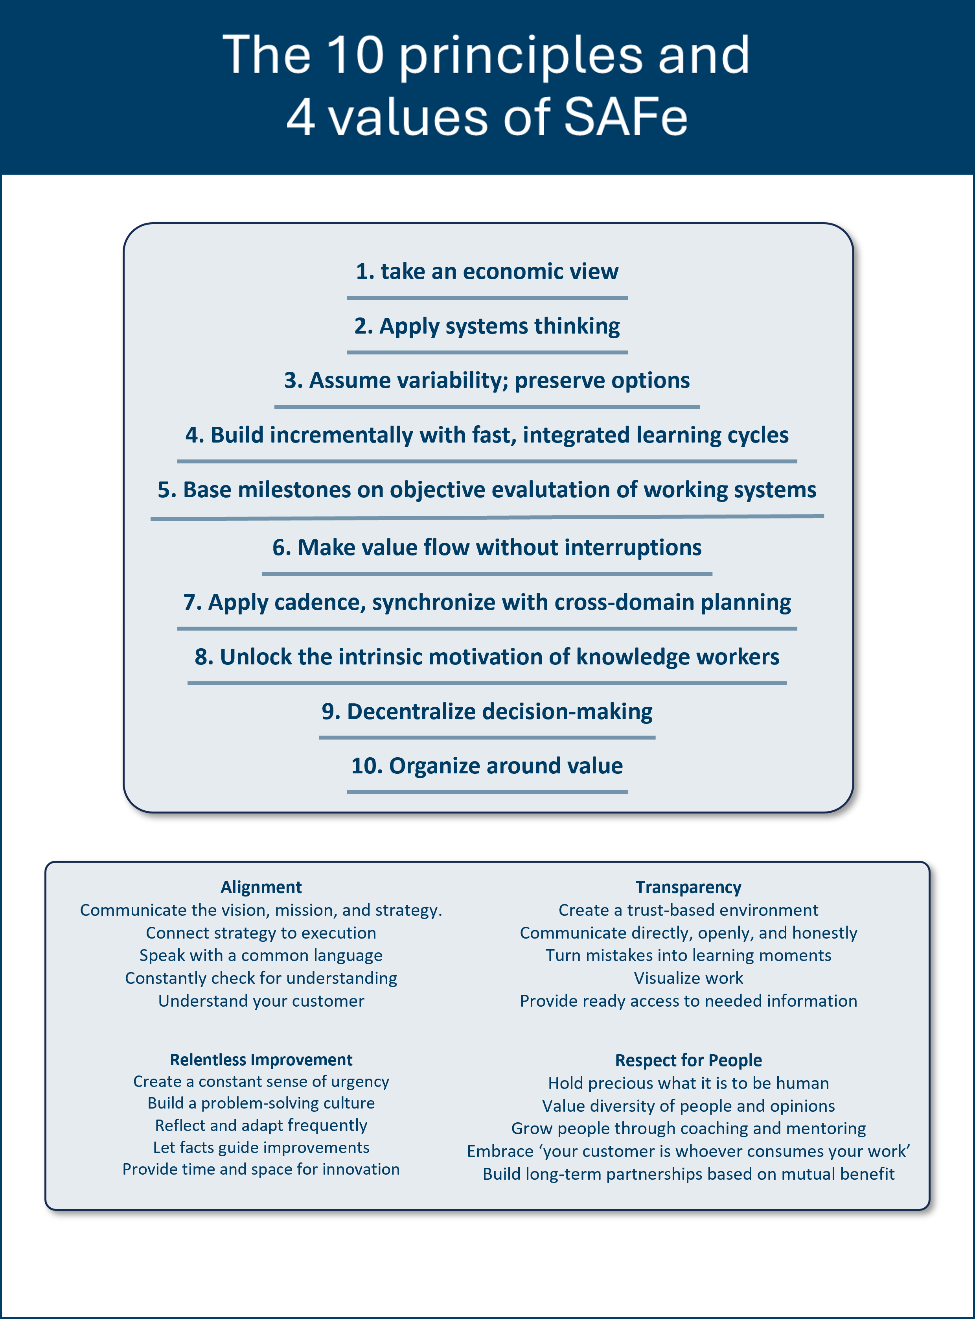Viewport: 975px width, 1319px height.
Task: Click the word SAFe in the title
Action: pyautogui.click(x=625, y=117)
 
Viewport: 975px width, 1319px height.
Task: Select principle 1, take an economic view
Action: pyautogui.click(x=487, y=271)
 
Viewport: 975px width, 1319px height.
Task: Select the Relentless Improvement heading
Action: pyautogui.click(x=261, y=1060)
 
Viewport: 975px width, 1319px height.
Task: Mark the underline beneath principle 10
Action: pyautogui.click(x=487, y=792)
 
